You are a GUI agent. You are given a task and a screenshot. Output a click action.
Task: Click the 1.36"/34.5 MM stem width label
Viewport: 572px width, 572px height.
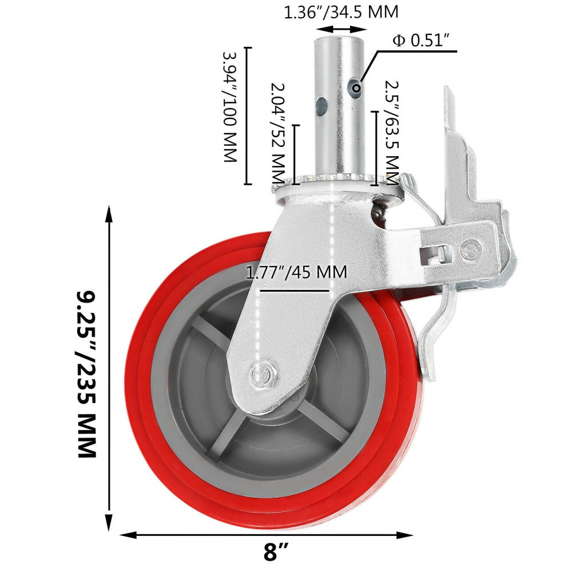[x=341, y=12]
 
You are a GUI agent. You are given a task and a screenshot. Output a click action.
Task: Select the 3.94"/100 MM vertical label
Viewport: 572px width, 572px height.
[x=229, y=107]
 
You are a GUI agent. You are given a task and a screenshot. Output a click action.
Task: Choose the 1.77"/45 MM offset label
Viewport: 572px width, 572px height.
[x=296, y=272]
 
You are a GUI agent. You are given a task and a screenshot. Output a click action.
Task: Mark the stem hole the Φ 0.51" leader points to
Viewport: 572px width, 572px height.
[x=357, y=88]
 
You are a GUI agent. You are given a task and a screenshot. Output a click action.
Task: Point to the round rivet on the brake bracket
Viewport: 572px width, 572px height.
[x=470, y=248]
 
